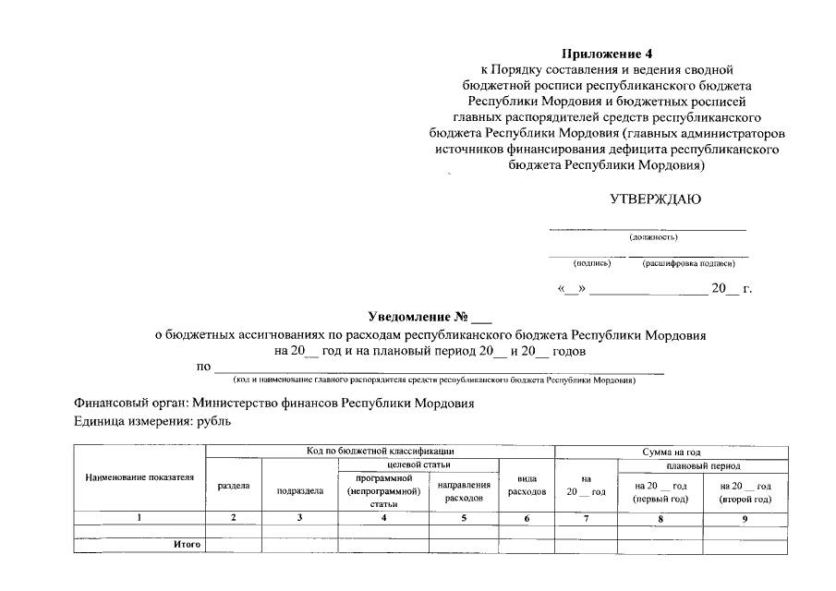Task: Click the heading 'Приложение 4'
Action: (614, 54)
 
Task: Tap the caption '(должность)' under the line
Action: (653, 237)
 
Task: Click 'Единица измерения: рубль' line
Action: (152, 422)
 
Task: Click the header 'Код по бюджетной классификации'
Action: (380, 451)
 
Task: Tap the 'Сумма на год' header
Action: (671, 452)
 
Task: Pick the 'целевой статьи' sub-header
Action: (418, 464)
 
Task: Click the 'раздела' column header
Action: (233, 486)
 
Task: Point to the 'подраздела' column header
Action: (300, 491)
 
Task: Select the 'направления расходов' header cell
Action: (464, 491)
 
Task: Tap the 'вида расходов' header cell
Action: (527, 486)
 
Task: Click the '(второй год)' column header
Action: (745, 499)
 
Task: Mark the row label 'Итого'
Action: (188, 545)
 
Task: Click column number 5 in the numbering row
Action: (464, 518)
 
